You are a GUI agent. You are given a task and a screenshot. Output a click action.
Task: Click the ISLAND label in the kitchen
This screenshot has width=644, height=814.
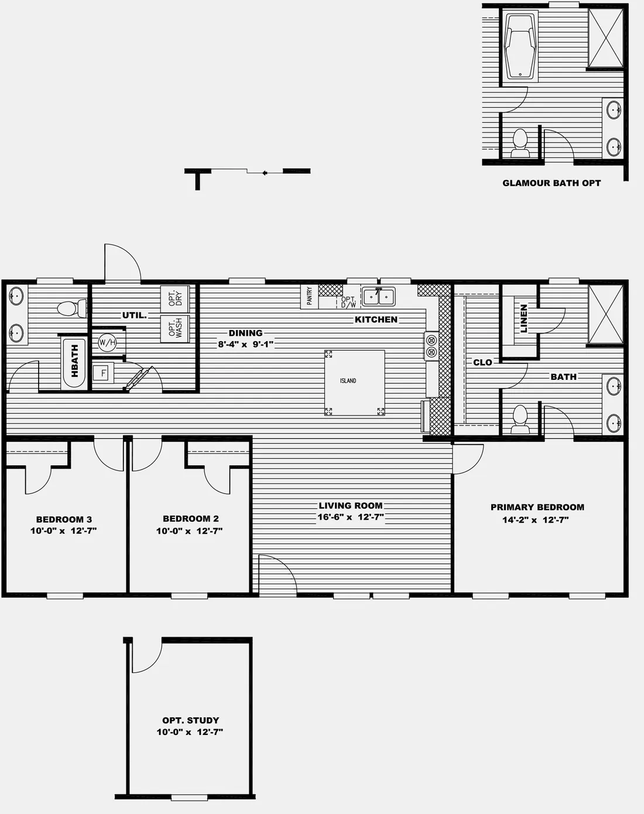click(348, 380)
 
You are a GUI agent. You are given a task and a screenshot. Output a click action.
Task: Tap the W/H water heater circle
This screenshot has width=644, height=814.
click(107, 343)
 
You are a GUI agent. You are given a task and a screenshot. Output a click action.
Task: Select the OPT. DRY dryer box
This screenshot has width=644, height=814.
click(175, 299)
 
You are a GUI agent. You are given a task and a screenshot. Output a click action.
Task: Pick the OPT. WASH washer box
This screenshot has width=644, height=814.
click(175, 329)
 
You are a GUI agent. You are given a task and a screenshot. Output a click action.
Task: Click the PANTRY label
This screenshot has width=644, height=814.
click(310, 296)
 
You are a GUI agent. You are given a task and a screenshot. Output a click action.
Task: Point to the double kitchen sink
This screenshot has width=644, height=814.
click(379, 296)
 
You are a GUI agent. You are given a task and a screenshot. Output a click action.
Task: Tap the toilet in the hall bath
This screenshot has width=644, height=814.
click(72, 308)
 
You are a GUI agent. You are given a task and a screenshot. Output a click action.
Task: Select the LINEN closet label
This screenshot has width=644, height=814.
click(523, 318)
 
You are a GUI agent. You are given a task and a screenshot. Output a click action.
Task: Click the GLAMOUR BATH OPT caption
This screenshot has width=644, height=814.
click(551, 183)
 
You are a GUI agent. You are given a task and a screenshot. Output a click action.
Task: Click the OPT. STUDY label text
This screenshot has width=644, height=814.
click(191, 720)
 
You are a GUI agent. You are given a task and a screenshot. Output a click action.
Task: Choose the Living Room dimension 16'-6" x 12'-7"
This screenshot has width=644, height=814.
click(351, 517)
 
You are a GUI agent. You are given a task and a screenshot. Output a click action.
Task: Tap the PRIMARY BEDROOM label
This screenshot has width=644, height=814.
click(537, 507)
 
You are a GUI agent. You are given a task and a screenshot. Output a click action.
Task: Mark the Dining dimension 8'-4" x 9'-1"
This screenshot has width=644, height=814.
click(245, 345)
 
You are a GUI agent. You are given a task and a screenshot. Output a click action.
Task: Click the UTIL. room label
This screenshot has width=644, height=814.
click(134, 315)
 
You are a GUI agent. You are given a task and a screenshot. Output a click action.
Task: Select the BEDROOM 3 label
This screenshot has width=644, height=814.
click(64, 519)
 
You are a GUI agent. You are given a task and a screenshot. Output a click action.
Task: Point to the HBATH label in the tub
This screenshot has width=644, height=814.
click(74, 361)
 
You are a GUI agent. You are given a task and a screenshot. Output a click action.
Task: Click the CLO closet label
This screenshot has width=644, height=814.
click(483, 362)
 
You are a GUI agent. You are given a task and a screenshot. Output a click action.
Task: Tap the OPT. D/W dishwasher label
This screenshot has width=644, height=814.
click(348, 302)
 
